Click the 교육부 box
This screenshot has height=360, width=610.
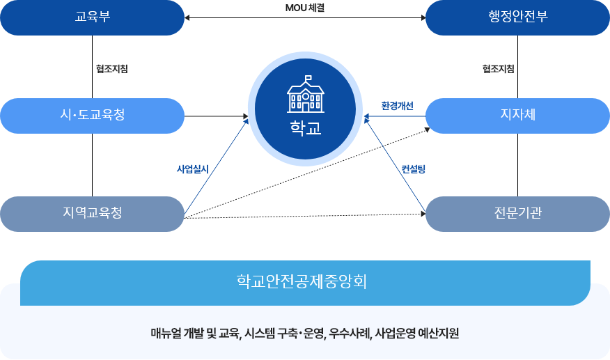pyautogui.click(x=92, y=17)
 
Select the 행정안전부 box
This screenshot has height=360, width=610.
pyautogui.click(x=517, y=17)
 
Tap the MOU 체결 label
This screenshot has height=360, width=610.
pyautogui.click(x=305, y=8)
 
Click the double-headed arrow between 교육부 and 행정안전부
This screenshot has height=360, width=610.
pyautogui.click(x=305, y=18)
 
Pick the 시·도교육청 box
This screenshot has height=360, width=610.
pyautogui.click(x=92, y=115)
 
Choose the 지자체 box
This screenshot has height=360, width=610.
pyautogui.click(x=517, y=115)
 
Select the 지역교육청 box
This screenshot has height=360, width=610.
pyautogui.click(x=92, y=213)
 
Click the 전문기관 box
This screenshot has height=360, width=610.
pyautogui.click(x=517, y=213)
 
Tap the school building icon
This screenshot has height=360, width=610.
pyautogui.click(x=305, y=95)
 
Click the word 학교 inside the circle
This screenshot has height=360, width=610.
pyautogui.click(x=305, y=128)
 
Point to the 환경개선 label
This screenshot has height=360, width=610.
pyautogui.click(x=397, y=106)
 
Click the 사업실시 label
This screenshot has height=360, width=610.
pyautogui.click(x=192, y=169)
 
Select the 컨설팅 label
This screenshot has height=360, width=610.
pyautogui.click(x=413, y=169)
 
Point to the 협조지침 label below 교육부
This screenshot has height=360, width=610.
pyautogui.click(x=111, y=69)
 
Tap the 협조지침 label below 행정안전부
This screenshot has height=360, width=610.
pyautogui.click(x=498, y=69)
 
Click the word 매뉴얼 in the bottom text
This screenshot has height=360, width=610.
pyautogui.click(x=166, y=333)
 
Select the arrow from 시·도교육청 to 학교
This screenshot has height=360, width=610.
pyautogui.click(x=216, y=116)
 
